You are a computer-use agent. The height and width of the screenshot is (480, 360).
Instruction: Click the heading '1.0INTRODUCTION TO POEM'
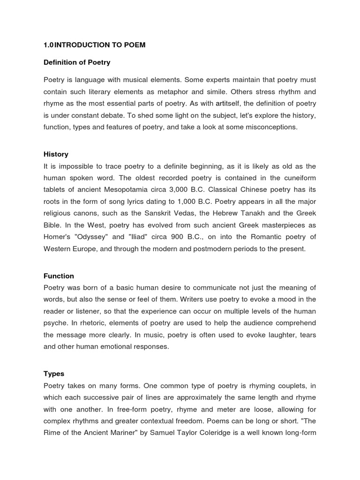[94, 45]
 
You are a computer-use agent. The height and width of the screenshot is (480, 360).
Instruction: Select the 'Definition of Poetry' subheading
[77, 62]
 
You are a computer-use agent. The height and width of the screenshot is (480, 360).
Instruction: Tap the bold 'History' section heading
[56, 154]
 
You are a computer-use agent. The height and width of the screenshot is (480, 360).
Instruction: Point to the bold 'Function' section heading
[59, 276]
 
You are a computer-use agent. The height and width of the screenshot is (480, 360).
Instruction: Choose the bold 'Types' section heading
[54, 374]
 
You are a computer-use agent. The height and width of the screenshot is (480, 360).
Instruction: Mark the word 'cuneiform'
[299, 178]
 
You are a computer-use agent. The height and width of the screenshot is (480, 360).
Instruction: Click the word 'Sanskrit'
[143, 213]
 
